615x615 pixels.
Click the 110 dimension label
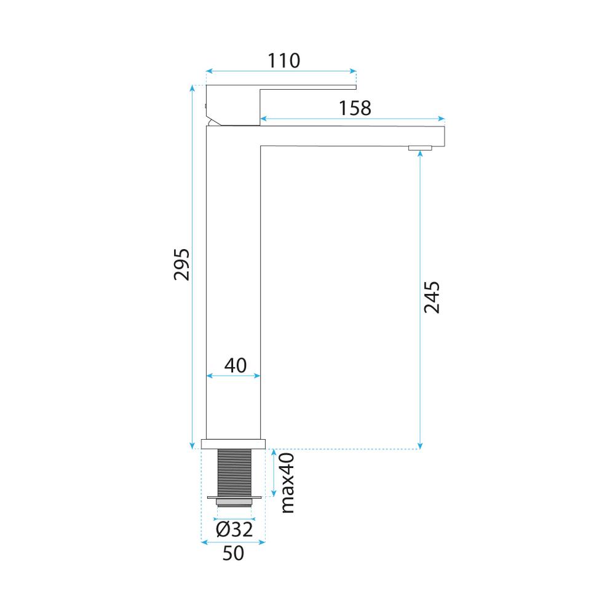click(283, 60)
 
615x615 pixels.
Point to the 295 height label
click(181, 264)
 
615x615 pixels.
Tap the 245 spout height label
click(432, 298)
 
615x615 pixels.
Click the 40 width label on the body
click(235, 365)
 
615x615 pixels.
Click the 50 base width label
click(233, 553)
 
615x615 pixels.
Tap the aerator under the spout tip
click(421, 148)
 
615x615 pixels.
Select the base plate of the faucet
click(234, 443)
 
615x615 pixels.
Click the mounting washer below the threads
click(234, 497)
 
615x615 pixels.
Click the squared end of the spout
click(437, 135)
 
